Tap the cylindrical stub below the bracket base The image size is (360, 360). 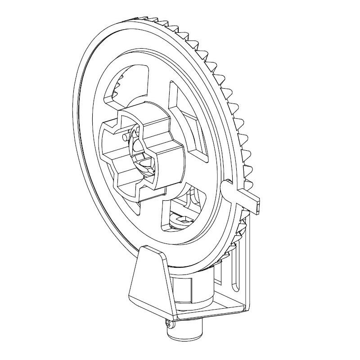184,333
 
